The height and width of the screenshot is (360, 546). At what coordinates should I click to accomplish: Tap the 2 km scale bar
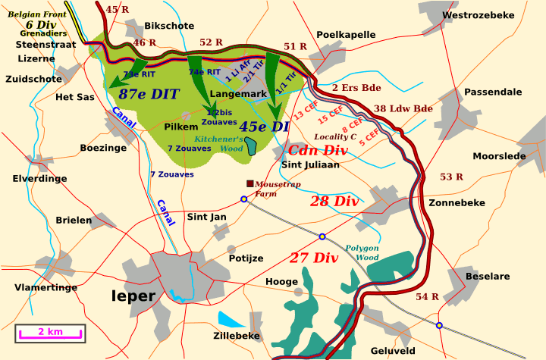[51, 332]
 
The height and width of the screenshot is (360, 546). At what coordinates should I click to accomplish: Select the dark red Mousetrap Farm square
[249, 183]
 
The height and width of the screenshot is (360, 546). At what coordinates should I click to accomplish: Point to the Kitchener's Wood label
[219, 144]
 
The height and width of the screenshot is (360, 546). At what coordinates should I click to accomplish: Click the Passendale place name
[493, 92]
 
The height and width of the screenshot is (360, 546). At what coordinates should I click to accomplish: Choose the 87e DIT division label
[149, 94]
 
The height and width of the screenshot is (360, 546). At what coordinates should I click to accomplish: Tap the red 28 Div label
[334, 202]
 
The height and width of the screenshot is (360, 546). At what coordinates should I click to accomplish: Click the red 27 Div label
[313, 258]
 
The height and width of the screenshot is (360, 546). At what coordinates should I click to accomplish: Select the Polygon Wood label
[362, 253]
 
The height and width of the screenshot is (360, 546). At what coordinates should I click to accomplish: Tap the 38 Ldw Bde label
[403, 108]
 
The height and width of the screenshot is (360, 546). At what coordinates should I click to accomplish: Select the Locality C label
[335, 136]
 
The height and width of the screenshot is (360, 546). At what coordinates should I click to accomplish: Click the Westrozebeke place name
[478, 14]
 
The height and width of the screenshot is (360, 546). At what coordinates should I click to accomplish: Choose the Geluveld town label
[393, 351]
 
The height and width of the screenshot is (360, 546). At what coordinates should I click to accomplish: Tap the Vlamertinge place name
[46, 287]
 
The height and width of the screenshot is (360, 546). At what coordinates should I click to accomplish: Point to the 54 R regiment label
[428, 296]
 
